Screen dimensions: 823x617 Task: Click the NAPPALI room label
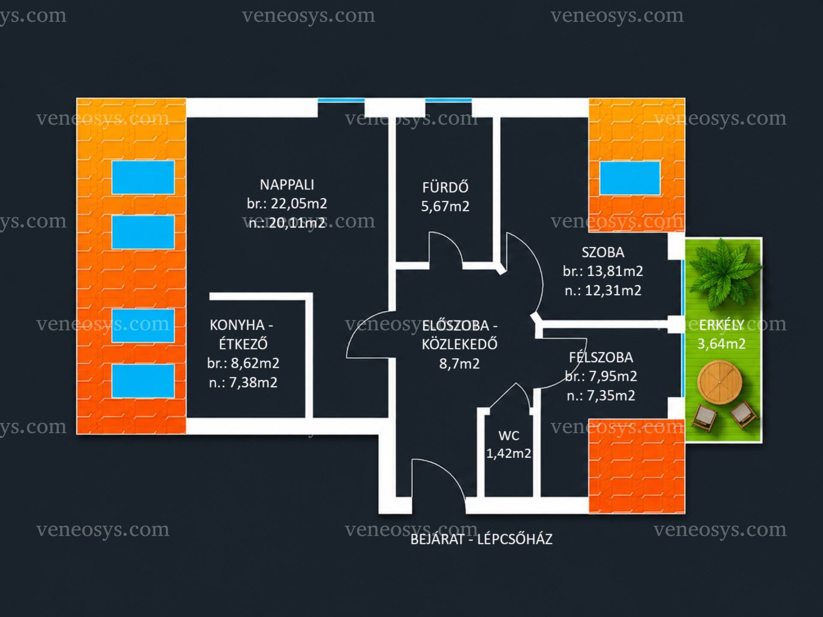[x=287, y=185]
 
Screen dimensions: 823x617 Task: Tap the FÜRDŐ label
[x=445, y=187]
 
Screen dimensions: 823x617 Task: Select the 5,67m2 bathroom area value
[x=445, y=207]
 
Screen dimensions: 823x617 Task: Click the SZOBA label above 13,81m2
[x=603, y=252]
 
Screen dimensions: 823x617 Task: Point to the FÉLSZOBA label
[x=601, y=357]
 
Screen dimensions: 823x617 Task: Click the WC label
[x=509, y=436]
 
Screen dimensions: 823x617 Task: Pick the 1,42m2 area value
[x=509, y=453]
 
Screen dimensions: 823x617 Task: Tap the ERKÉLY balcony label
[x=721, y=325]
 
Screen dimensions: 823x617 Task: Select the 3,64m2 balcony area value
[x=721, y=344]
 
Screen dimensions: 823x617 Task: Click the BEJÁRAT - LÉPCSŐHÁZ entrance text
[x=481, y=539]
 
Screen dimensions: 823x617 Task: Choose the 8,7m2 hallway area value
[x=460, y=364]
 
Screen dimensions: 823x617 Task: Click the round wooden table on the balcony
[x=720, y=382]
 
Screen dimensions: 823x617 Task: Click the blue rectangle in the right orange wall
[x=630, y=178]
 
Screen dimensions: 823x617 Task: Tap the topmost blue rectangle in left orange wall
[x=143, y=177]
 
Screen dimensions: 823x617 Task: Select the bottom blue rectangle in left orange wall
[x=143, y=381]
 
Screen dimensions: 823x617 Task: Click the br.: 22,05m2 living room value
[x=287, y=204]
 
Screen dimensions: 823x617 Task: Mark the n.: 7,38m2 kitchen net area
[x=243, y=383]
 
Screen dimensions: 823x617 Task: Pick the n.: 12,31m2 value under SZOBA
[x=603, y=291]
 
